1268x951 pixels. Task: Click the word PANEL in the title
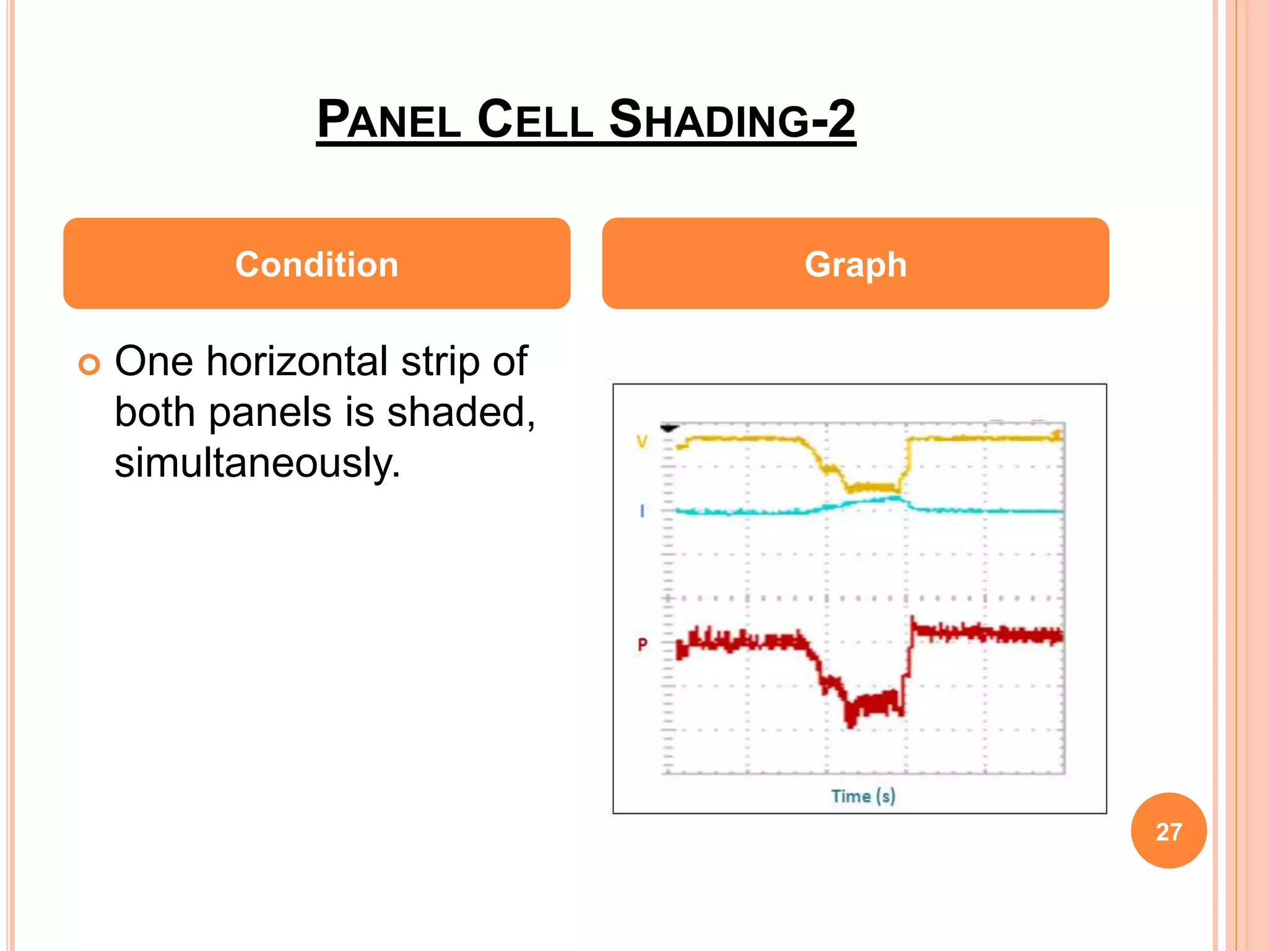coord(389,119)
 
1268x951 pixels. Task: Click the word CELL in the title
coord(535,119)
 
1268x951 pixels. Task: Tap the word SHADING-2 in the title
coord(732,119)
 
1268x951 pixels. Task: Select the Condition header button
coord(316,264)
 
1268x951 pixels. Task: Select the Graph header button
coord(855,264)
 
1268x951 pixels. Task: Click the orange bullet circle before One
coord(89,365)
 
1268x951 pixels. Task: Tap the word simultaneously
coord(257,463)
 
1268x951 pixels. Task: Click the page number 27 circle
coord(1168,831)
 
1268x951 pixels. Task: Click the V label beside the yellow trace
coord(642,441)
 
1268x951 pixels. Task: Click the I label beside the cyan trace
coord(642,511)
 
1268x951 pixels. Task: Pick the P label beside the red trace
coord(642,645)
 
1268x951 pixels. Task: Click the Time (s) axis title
coord(863,796)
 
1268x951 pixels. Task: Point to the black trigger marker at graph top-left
coord(670,428)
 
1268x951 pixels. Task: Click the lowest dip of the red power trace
coord(851,719)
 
